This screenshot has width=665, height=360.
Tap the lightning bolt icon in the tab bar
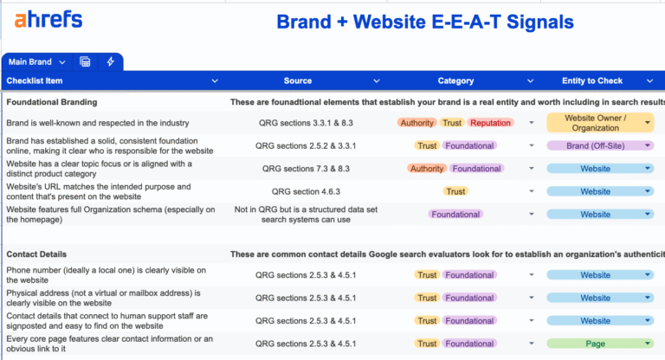tap(110, 62)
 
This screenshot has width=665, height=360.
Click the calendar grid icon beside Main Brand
tap(85, 62)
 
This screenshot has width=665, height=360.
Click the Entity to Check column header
tap(591, 80)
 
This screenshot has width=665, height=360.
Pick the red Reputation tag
tap(490, 123)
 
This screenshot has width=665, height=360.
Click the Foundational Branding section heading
tap(51, 101)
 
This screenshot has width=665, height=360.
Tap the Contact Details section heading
tap(37, 254)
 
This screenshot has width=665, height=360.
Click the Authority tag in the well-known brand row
tap(416, 123)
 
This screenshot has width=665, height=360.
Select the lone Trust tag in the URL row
tap(455, 191)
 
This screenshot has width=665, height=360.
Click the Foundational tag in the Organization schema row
tap(455, 214)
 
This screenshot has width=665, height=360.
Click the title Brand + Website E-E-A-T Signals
tap(424, 22)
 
